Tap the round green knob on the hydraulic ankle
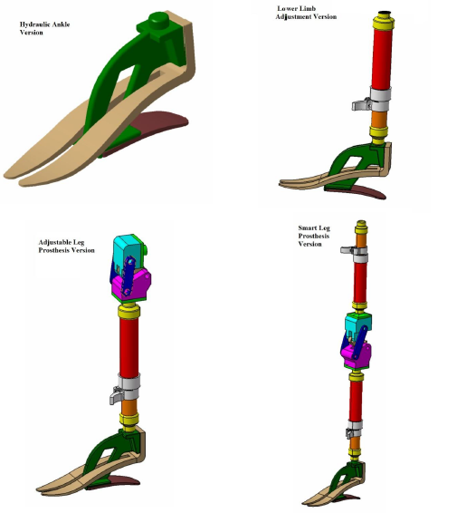click(x=159, y=19)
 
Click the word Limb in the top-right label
click(x=307, y=8)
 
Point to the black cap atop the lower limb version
click(x=385, y=13)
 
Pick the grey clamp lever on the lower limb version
click(x=361, y=105)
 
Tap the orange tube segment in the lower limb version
click(x=379, y=119)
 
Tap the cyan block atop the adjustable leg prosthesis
click(x=128, y=247)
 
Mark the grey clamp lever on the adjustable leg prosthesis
click(x=116, y=395)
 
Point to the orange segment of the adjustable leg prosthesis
click(x=129, y=407)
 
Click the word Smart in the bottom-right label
click(x=307, y=228)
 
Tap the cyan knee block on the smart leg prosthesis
click(x=357, y=323)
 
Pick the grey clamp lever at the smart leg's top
click(x=348, y=250)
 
